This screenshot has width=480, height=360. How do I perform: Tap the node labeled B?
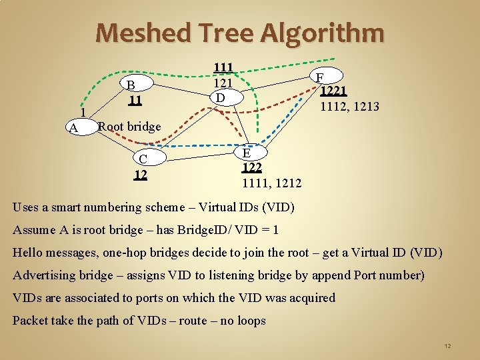tap(131, 85)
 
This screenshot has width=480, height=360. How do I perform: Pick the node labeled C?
tap(143, 159)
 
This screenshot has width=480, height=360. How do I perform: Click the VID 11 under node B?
tap(135, 100)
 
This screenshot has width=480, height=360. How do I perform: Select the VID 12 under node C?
tap(140, 175)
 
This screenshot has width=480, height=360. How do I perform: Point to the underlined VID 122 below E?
tap(252, 168)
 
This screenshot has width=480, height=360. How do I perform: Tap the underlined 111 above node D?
tap(223, 67)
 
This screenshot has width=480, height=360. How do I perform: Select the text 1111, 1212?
tap(271, 183)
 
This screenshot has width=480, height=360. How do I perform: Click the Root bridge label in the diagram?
tap(129, 127)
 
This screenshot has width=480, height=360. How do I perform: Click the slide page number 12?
tap(447, 346)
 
